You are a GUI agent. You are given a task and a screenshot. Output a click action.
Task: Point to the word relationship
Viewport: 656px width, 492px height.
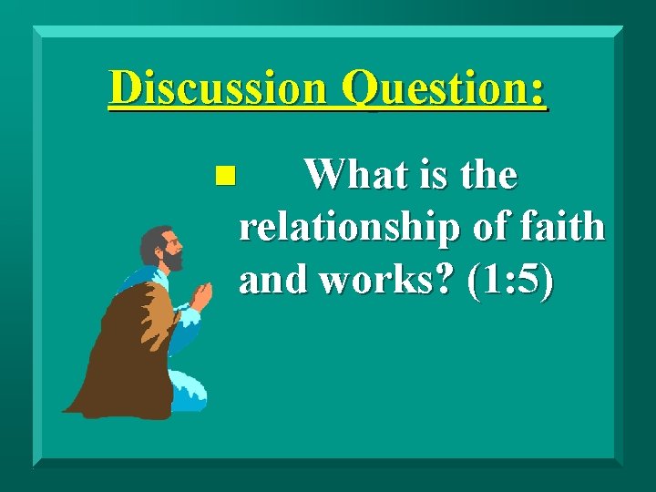pos(350,228)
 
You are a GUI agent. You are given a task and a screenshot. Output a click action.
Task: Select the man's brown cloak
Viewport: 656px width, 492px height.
pos(118,355)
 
